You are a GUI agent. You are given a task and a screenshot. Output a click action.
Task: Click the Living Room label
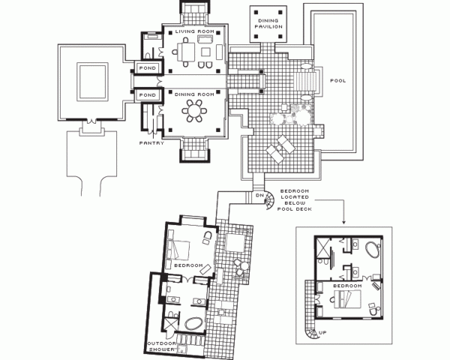[x=194, y=31]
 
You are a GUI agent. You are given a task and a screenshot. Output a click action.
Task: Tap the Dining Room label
[x=194, y=94]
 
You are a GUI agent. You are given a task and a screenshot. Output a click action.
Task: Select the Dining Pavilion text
[x=268, y=23]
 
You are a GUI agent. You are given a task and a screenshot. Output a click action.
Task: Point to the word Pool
[x=337, y=81]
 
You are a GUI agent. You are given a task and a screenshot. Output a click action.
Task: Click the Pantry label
[x=151, y=143]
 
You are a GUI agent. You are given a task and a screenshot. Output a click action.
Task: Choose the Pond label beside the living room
[x=148, y=68]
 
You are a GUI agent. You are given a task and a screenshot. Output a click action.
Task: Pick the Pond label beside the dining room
[x=148, y=94]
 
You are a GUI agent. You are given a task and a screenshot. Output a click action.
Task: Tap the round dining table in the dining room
[x=194, y=111]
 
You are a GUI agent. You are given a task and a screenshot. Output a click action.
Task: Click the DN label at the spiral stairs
[x=259, y=195]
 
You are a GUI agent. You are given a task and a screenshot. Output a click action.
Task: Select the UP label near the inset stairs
[x=322, y=333]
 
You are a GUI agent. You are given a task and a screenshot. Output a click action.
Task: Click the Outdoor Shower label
[x=161, y=346]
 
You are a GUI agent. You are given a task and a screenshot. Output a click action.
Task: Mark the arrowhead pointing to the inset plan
[x=343, y=222]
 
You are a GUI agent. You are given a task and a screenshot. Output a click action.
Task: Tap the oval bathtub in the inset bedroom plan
[x=373, y=249]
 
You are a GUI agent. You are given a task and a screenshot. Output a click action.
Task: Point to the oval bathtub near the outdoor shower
[x=194, y=323]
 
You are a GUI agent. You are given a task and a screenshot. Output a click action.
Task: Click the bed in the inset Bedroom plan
[x=348, y=299]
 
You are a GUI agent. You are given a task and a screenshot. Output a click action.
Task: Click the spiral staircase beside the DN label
[x=270, y=200]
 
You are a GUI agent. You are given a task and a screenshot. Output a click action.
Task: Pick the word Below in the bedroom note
[x=295, y=203]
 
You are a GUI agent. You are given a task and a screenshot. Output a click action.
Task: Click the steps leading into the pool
[x=306, y=82]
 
